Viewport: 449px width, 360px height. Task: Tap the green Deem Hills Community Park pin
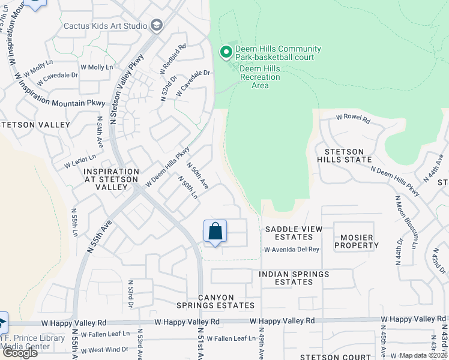226,53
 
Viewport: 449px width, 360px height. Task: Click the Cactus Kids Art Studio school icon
157,25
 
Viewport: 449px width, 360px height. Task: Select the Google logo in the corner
19,353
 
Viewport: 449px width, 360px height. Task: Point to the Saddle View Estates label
294,233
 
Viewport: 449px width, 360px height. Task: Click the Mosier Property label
357,242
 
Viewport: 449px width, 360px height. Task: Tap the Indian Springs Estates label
294,278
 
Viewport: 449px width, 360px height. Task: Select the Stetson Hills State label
348,155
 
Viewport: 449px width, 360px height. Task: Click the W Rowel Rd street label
353,119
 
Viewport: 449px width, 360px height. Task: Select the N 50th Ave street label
197,176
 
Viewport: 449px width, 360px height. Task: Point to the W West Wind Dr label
104,349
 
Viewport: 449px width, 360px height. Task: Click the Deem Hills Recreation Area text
260,77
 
